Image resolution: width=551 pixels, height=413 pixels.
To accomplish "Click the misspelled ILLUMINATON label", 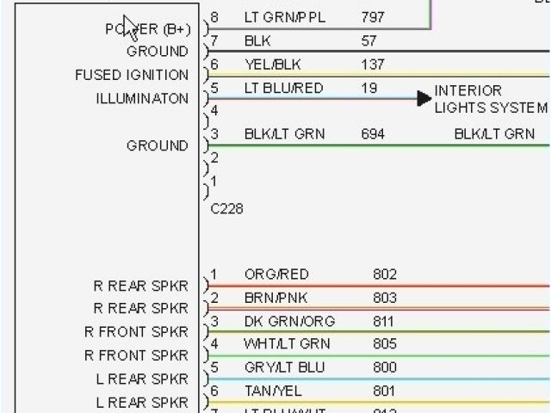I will point(142,99).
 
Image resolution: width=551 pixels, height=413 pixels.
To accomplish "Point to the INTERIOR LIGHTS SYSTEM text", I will point(490,99).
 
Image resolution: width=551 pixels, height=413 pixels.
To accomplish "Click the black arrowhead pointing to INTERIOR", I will point(424,99).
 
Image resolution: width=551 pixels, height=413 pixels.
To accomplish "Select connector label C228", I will point(226,209).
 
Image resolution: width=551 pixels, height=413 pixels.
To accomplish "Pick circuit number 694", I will point(373,133).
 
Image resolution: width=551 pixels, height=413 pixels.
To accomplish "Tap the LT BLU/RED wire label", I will point(284,88).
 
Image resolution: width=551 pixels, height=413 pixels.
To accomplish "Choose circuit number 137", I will point(373,65).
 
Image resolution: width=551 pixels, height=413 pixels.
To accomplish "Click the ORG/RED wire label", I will point(276,274).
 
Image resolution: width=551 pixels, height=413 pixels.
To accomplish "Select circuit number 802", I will point(385,274).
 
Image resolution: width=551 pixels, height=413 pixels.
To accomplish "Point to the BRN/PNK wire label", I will point(275,299).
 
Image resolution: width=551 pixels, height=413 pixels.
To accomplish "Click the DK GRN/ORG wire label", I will point(289,322).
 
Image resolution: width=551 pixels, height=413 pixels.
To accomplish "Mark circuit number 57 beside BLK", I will point(369,40).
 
